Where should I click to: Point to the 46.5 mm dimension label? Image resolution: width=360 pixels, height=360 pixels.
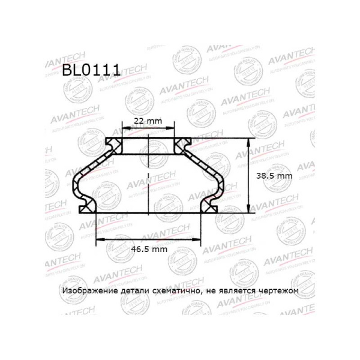pyautogui.click(x=148, y=247)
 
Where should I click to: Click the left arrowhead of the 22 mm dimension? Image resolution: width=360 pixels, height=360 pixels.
pyautogui.click(x=124, y=129)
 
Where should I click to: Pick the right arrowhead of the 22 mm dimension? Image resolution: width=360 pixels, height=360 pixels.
pyautogui.click(x=173, y=129)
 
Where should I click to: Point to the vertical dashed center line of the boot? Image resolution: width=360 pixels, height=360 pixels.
pyautogui.click(x=148, y=180)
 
